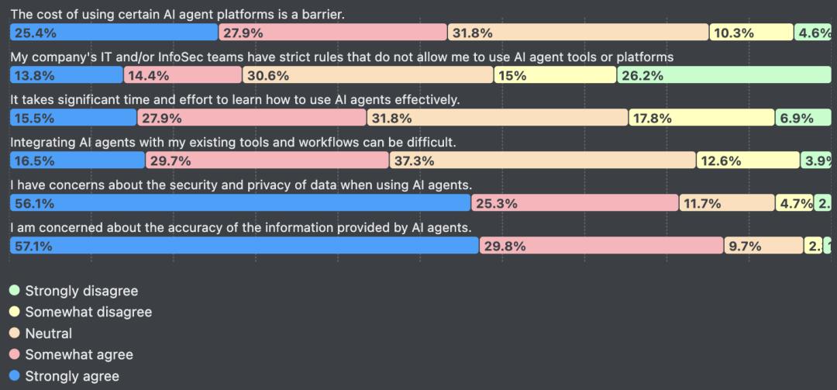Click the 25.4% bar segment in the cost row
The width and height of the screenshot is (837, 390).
(114, 33)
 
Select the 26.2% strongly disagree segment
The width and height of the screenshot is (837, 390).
(724, 75)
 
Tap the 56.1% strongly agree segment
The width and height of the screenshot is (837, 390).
(240, 203)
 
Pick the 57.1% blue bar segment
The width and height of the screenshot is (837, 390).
(244, 246)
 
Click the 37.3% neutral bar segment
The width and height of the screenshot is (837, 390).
(542, 160)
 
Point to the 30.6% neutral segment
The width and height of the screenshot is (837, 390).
(368, 75)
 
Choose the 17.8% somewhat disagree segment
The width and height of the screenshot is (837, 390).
(701, 118)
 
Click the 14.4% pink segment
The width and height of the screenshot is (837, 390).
(183, 75)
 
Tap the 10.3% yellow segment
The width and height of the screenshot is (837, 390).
(751, 33)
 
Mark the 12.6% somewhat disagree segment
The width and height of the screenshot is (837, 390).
(748, 160)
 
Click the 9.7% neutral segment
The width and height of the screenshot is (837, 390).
(763, 246)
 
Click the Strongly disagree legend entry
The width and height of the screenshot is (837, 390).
(81, 291)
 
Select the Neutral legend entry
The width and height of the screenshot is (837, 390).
(48, 333)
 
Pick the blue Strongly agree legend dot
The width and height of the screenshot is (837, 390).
(14, 376)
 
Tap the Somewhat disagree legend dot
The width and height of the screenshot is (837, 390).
(14, 312)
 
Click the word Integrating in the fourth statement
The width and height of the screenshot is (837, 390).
(43, 143)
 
